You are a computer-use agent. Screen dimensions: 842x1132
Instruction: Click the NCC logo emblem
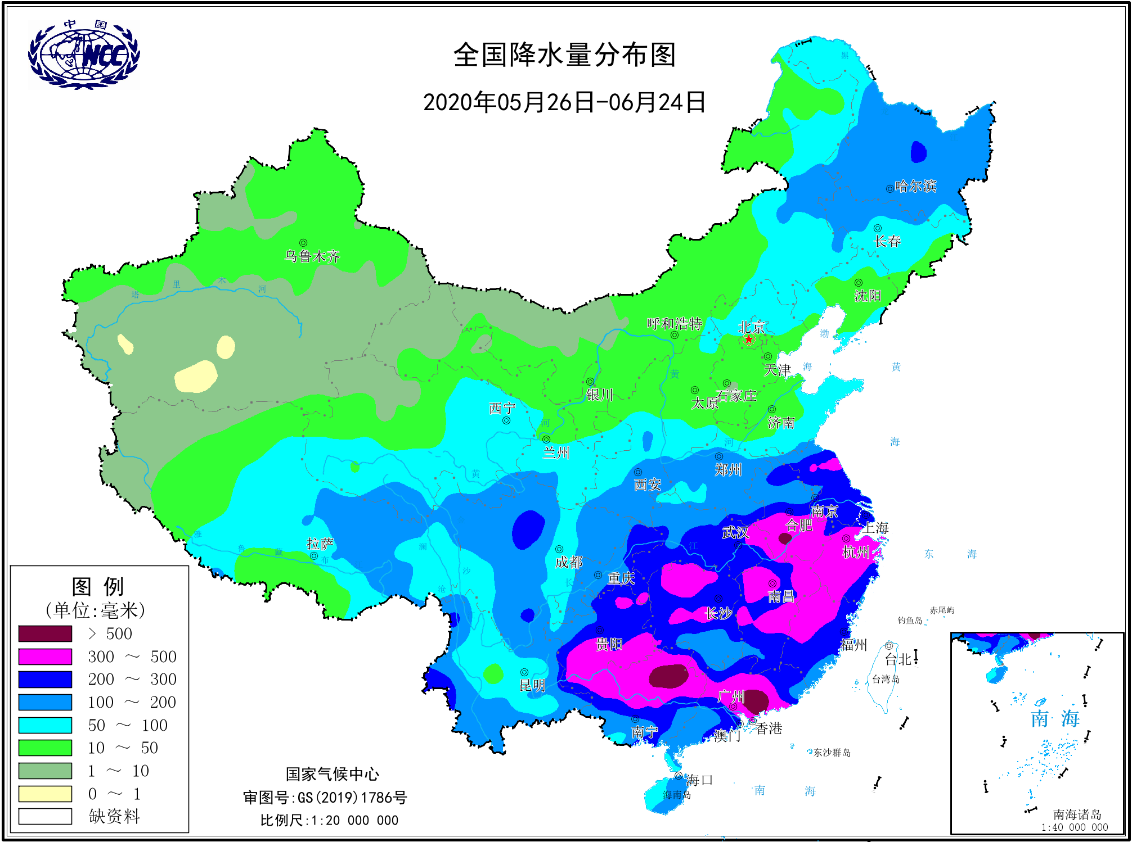(84, 55)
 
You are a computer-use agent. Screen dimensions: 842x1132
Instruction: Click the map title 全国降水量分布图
(564, 55)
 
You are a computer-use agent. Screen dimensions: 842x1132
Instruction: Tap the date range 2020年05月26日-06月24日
(564, 102)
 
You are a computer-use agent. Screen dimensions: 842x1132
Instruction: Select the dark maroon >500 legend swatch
(45, 633)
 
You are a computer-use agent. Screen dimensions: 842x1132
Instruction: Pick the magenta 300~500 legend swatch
(45, 657)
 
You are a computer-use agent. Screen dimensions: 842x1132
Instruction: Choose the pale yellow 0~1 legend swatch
(45, 794)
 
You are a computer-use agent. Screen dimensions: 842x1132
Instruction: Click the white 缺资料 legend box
(45, 816)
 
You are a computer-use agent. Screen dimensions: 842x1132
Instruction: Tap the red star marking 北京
(749, 339)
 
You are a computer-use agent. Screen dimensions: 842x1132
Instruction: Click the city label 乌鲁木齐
(312, 256)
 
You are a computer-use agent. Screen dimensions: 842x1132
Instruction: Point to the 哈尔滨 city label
(915, 186)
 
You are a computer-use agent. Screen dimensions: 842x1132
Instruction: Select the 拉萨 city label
(320, 544)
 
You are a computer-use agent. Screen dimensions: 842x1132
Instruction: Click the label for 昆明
(532, 685)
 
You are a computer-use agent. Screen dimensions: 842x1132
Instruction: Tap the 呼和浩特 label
(674, 324)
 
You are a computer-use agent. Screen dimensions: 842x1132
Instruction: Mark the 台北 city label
(898, 659)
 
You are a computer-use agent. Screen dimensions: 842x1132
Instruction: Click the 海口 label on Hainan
(699, 780)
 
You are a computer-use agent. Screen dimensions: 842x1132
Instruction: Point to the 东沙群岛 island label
(832, 753)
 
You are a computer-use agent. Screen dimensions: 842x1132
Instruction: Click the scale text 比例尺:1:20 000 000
(329, 820)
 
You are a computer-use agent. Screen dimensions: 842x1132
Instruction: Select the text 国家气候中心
(333, 774)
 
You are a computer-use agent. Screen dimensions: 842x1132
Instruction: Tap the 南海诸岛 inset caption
(1077, 814)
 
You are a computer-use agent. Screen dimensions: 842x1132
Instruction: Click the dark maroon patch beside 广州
(756, 701)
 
